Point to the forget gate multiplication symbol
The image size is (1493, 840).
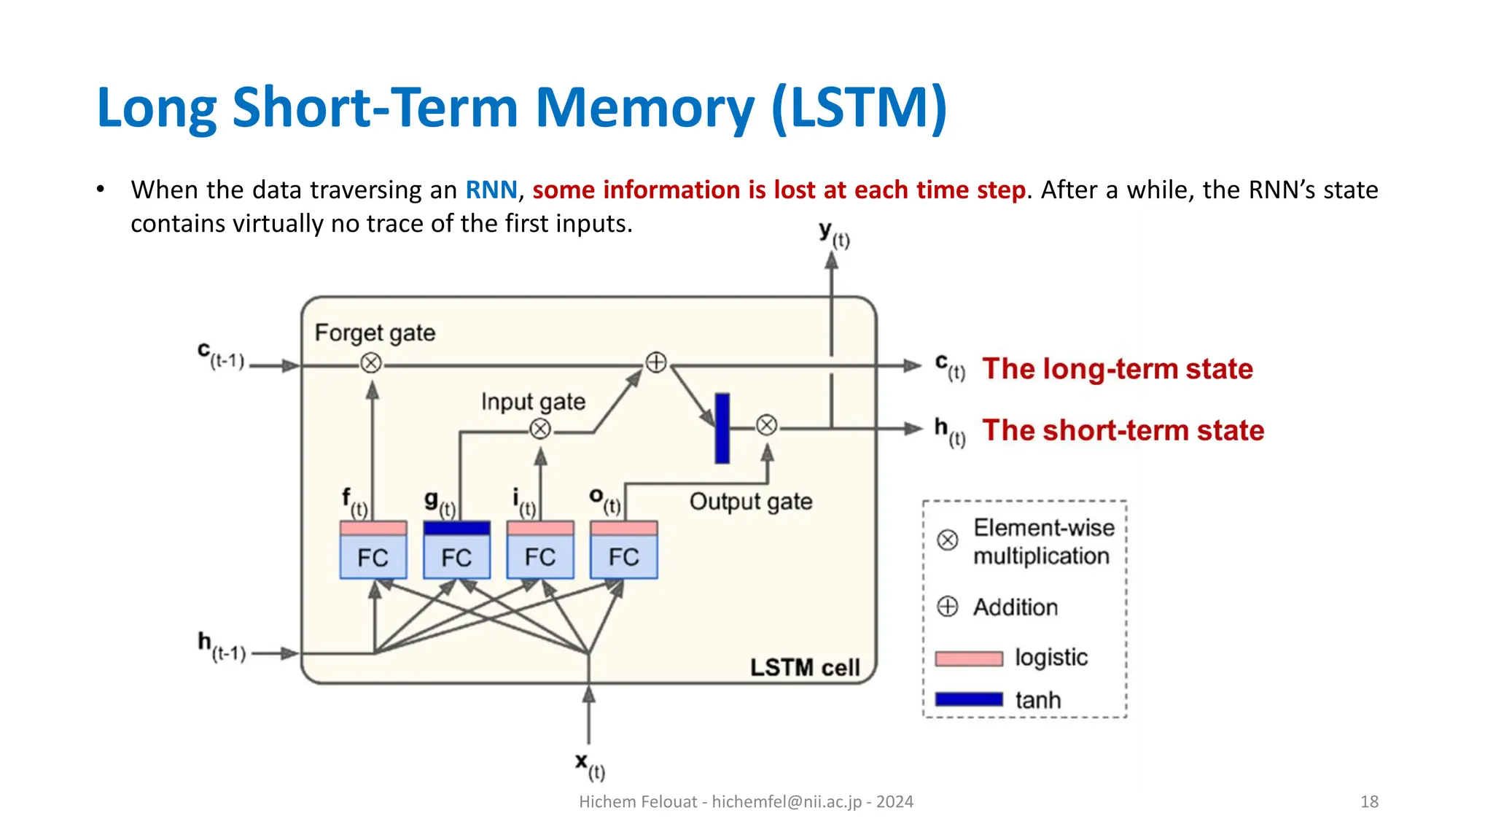click(371, 362)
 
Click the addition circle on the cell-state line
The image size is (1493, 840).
click(656, 362)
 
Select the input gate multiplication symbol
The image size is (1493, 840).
click(540, 429)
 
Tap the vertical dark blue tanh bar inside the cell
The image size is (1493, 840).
click(722, 428)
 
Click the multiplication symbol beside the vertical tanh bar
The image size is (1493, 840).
click(766, 425)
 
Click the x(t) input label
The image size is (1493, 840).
click(589, 766)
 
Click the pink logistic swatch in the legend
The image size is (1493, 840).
click(969, 658)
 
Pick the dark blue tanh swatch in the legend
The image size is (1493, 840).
click(969, 699)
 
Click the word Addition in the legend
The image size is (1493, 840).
click(1015, 607)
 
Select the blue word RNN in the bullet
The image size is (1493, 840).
click(491, 190)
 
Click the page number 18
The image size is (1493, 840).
click(1368, 801)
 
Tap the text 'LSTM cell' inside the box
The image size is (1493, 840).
click(805, 667)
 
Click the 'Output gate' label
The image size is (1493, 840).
click(750, 502)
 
